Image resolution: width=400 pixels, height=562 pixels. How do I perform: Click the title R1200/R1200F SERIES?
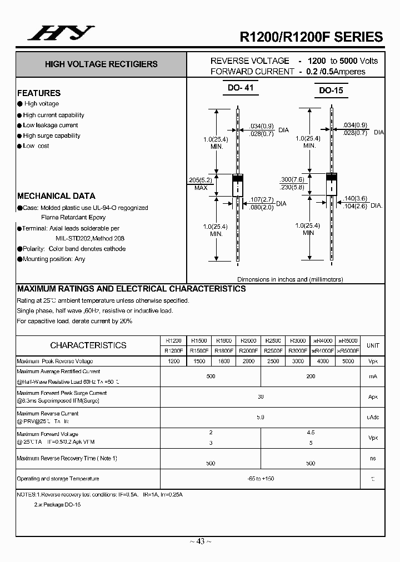[311, 37]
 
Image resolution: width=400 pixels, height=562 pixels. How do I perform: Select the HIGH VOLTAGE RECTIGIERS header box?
[101, 64]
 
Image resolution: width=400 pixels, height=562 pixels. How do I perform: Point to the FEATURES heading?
[39, 93]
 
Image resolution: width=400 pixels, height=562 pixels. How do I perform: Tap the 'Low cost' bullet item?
[36, 146]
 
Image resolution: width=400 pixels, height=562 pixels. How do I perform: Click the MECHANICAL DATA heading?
[56, 196]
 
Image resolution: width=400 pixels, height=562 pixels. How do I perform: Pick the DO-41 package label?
[241, 88]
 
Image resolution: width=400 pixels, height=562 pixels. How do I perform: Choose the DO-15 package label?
[331, 90]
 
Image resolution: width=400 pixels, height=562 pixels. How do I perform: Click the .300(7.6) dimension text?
[293, 180]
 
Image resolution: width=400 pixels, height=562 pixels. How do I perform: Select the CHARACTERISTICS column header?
[88, 345]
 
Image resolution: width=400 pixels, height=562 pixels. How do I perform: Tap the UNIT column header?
[373, 345]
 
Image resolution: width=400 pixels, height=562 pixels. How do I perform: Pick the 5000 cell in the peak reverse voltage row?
[348, 361]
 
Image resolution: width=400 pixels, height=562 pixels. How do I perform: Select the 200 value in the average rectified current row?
[311, 377]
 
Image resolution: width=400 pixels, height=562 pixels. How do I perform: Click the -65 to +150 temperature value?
[261, 479]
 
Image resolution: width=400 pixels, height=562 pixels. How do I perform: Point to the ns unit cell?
[373, 458]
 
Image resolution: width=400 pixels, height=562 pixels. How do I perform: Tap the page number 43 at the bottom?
[200, 541]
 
